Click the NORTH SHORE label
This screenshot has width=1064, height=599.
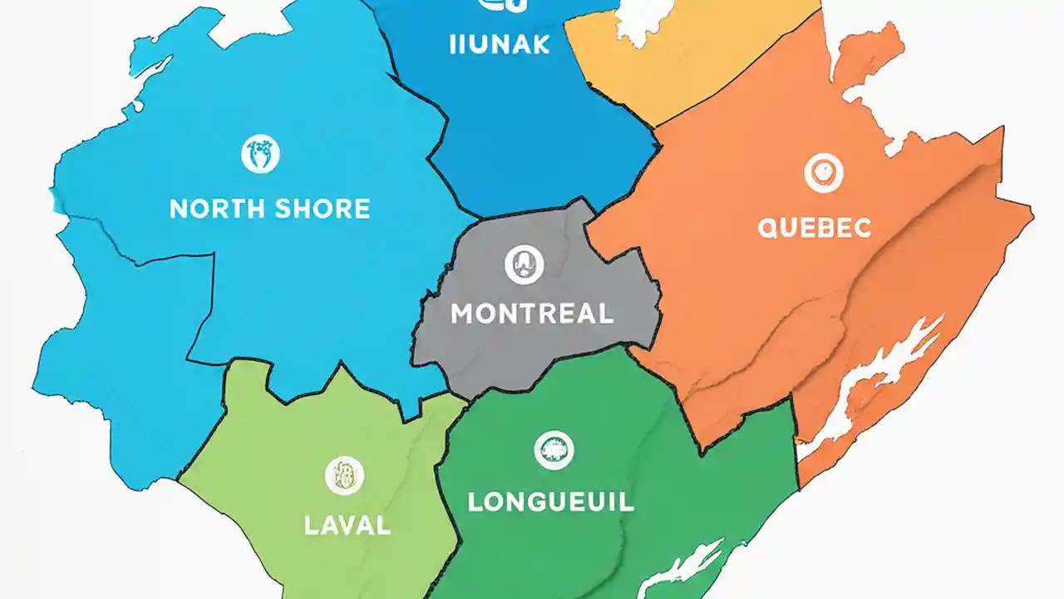pyautogui.click(x=269, y=208)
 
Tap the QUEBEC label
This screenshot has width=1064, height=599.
pyautogui.click(x=814, y=227)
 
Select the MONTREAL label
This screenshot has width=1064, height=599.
pyautogui.click(x=532, y=314)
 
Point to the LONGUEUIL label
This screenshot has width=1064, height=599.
pyautogui.click(x=550, y=502)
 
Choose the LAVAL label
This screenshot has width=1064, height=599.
pyautogui.click(x=347, y=525)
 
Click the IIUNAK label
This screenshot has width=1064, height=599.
pyautogui.click(x=499, y=44)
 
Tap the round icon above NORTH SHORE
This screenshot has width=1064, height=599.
pyautogui.click(x=260, y=154)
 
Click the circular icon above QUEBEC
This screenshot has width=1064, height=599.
pyautogui.click(x=824, y=173)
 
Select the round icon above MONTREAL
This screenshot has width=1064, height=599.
pyautogui.click(x=525, y=265)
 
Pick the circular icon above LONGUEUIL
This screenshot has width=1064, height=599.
pyautogui.click(x=554, y=450)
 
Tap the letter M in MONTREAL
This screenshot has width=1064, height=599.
pyautogui.click(x=462, y=314)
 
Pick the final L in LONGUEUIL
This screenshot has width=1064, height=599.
pyautogui.click(x=626, y=502)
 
